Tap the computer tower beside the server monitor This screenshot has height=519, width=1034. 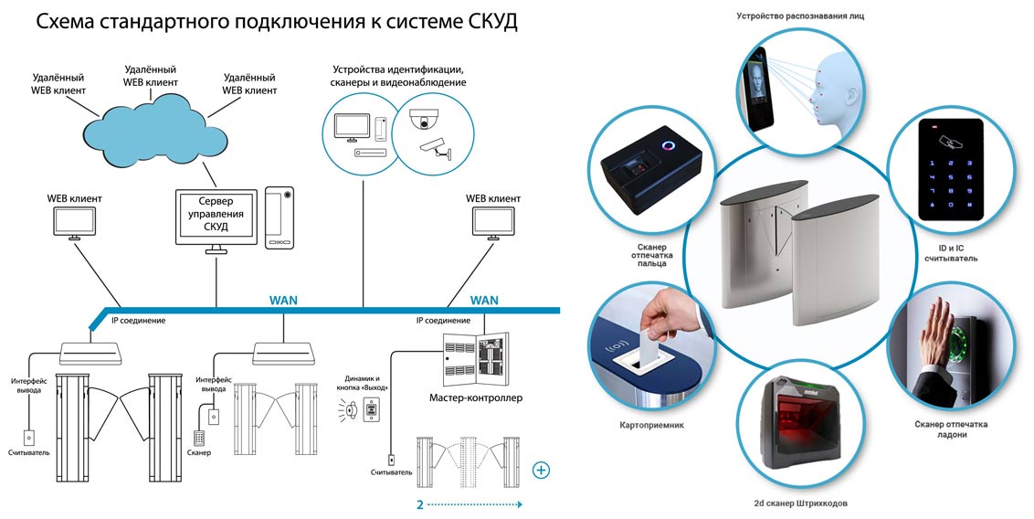(x=280, y=217)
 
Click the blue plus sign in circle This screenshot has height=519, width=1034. (x=542, y=471)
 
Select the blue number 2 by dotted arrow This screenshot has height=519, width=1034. (x=419, y=503)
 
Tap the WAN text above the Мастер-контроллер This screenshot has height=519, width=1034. (x=484, y=300)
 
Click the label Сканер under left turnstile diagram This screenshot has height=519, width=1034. (x=198, y=453)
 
